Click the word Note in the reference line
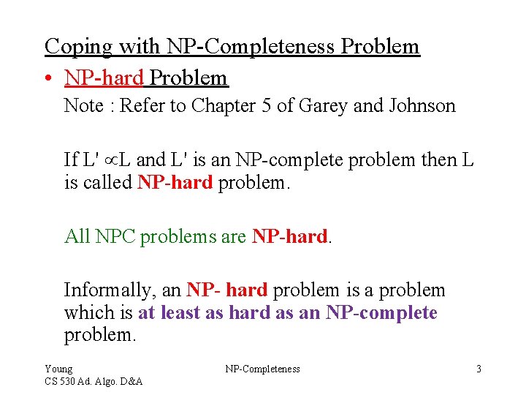[83, 106]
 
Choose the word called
[107, 183]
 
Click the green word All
[77, 236]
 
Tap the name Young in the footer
[58, 369]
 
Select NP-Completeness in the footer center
[262, 369]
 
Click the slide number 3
[479, 369]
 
